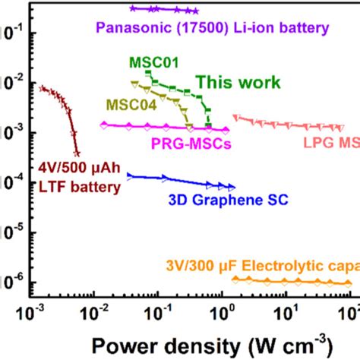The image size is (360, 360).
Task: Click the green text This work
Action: (238, 82)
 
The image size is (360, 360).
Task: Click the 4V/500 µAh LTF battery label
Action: (80, 177)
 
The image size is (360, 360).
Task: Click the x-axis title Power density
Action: (190, 339)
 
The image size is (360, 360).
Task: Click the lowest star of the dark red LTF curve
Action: (76, 153)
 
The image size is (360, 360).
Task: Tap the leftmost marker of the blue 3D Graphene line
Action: (129, 175)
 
